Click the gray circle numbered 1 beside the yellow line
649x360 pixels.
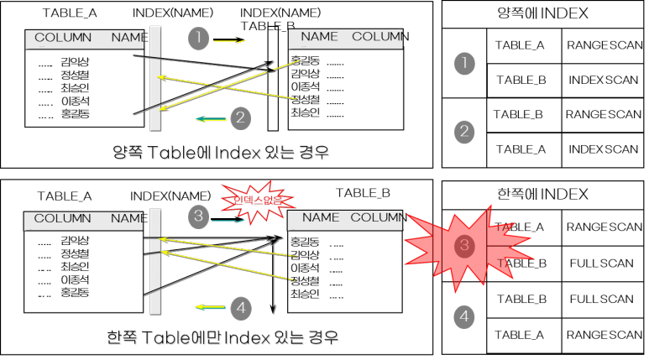click(197, 38)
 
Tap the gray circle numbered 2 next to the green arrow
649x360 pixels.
click(240, 117)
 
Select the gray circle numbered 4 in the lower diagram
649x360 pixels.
click(241, 308)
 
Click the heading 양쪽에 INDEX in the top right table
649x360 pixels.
click(544, 14)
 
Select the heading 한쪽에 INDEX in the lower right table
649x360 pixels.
click(544, 195)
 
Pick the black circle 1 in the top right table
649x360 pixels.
click(463, 63)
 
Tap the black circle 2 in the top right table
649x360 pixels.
click(463, 133)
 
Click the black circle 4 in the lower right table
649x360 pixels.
click(463, 316)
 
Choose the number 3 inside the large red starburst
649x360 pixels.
click(463, 246)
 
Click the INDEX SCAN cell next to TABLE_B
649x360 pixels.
click(603, 80)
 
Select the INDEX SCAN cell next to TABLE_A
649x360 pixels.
click(603, 149)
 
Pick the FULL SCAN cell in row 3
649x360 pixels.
click(601, 263)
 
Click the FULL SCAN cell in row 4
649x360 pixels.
click(601, 299)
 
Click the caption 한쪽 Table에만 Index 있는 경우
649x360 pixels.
click(222, 338)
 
